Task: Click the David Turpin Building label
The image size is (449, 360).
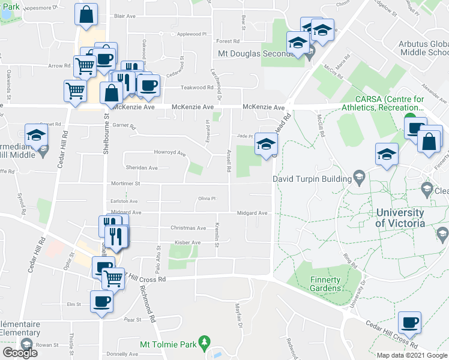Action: (312, 179)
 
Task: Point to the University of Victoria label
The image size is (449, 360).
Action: (400, 218)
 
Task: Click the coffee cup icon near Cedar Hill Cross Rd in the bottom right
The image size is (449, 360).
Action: (411, 323)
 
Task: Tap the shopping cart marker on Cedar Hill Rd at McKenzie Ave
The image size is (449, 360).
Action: (74, 91)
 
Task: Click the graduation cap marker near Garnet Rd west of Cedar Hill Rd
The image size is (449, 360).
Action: (36, 135)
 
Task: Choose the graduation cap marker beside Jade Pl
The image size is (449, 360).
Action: (266, 144)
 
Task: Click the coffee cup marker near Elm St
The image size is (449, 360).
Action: (101, 301)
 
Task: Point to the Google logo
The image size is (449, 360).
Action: (20, 353)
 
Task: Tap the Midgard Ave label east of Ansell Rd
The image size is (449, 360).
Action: (252, 213)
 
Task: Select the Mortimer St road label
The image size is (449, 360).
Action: (125, 184)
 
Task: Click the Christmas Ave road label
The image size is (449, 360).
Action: (188, 228)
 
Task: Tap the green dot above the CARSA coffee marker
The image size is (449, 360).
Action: (410, 118)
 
